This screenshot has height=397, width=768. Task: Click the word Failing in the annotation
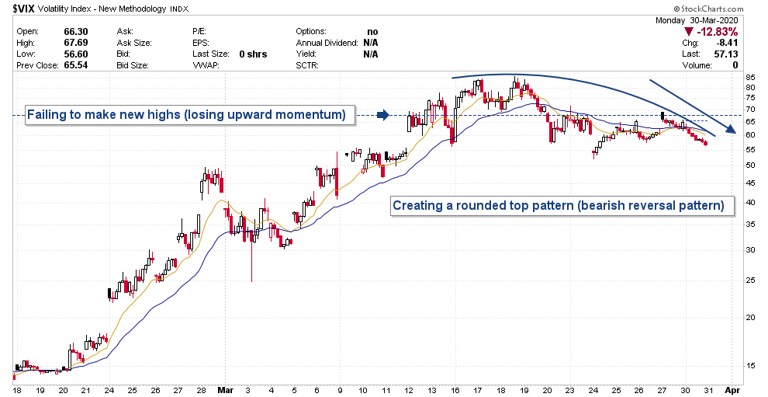pos(47,116)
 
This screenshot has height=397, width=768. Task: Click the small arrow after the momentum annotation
pos(382,116)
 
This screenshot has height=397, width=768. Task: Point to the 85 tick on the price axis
pos(749,78)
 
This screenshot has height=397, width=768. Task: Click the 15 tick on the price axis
pos(749,365)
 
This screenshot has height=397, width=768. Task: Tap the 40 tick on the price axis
pos(749,202)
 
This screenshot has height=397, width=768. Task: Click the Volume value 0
pos(735,66)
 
